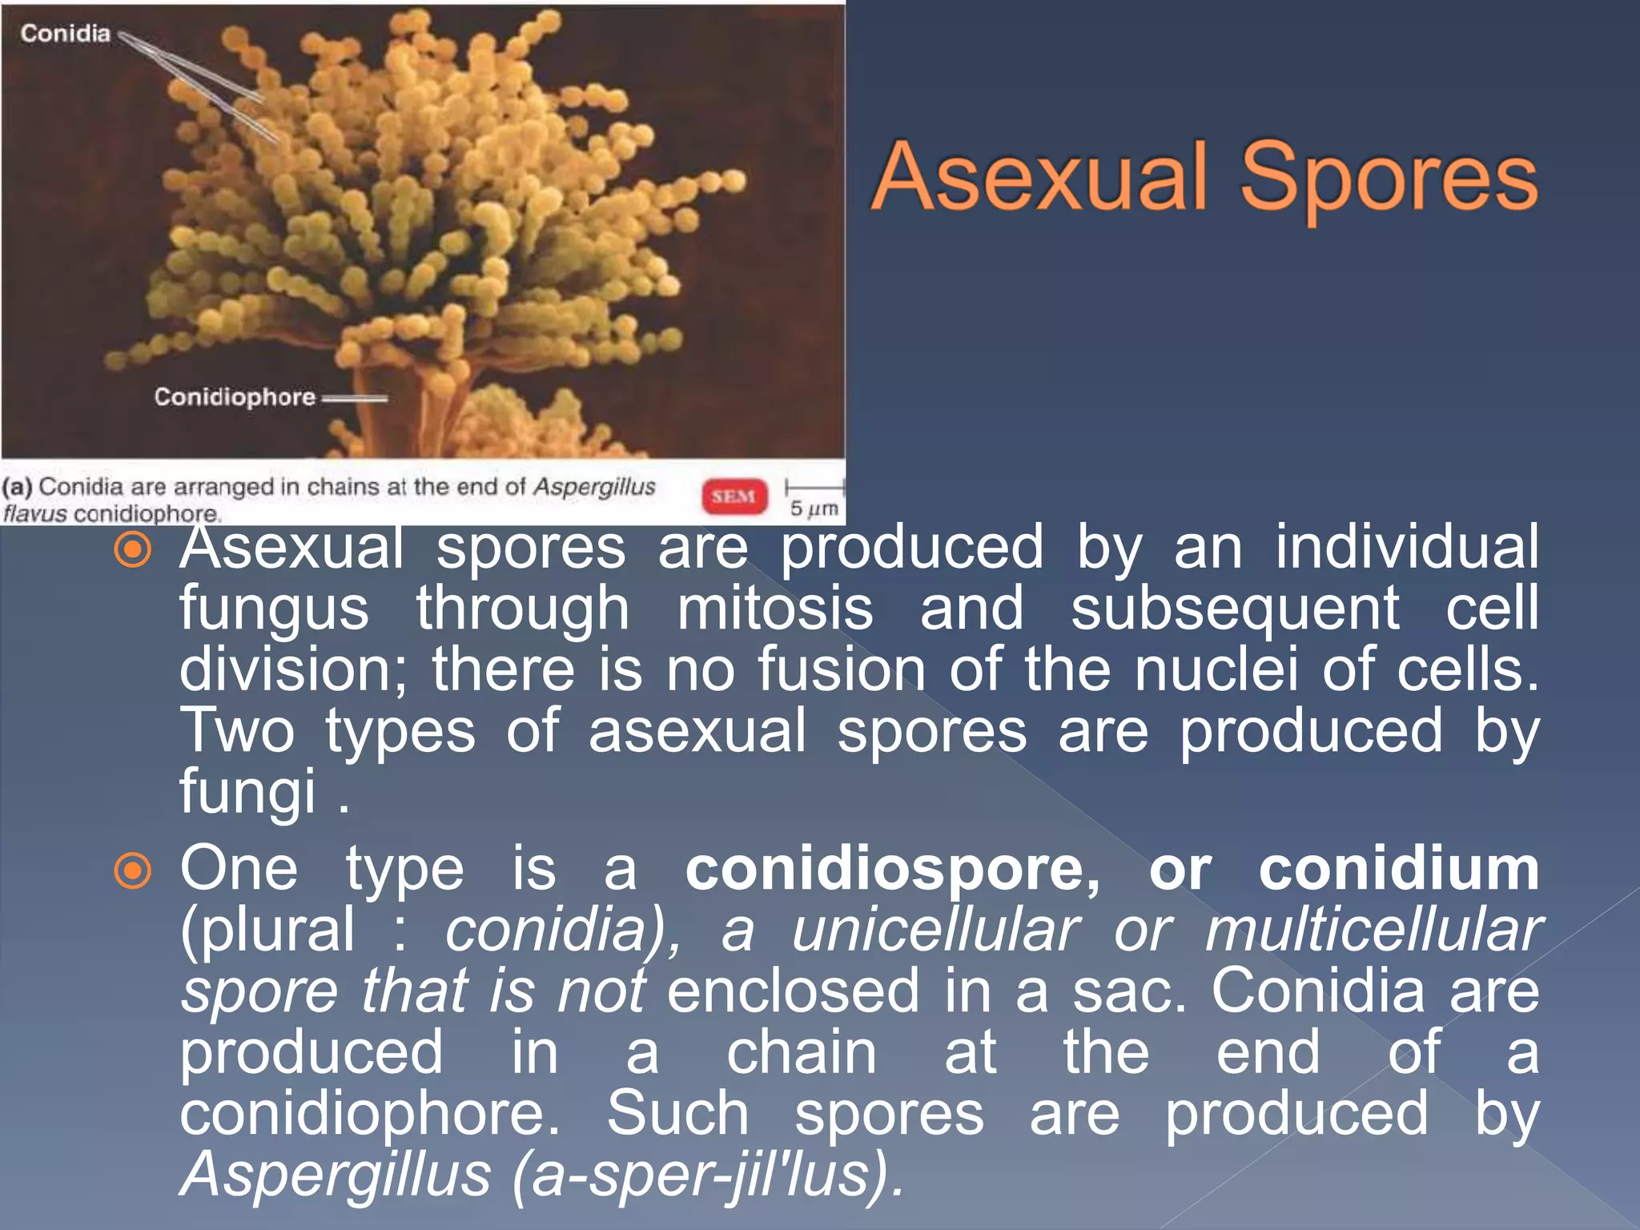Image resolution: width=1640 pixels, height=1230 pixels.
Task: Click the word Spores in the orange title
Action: (1389, 178)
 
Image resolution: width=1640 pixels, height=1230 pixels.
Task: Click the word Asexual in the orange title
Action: (1039, 178)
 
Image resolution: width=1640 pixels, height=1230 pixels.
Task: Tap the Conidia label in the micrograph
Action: (65, 33)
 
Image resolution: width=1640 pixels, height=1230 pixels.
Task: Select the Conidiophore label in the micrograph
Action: (235, 396)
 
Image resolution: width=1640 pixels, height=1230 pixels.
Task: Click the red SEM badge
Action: (734, 496)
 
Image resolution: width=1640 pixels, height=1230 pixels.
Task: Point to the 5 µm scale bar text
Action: (814, 508)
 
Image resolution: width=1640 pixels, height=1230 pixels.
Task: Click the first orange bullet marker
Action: (133, 550)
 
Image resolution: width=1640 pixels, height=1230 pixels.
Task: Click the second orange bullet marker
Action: (133, 871)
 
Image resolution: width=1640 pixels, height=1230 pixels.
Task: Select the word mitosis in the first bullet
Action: (774, 609)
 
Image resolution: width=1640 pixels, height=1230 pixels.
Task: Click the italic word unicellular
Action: (935, 931)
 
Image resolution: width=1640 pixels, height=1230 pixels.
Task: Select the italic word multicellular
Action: (1373, 931)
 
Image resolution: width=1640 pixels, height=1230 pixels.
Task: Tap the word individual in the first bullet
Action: (1406, 548)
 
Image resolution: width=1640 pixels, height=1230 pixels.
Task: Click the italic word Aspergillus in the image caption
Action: (594, 486)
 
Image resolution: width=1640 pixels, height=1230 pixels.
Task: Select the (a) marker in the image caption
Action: (17, 487)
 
